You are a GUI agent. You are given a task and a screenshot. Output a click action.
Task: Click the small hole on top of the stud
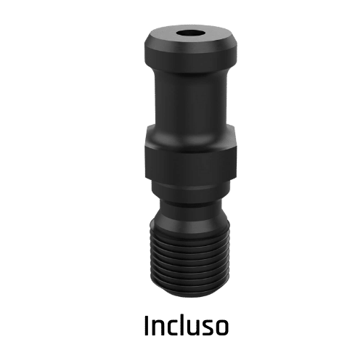click(x=189, y=33)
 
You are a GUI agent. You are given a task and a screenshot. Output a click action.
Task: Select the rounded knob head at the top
click(x=191, y=49)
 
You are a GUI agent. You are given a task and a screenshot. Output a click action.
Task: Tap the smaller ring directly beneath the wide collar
click(x=191, y=190)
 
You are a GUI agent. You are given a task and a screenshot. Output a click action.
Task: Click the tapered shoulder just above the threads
click(x=191, y=219)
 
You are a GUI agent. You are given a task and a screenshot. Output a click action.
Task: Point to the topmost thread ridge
click(x=190, y=232)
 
